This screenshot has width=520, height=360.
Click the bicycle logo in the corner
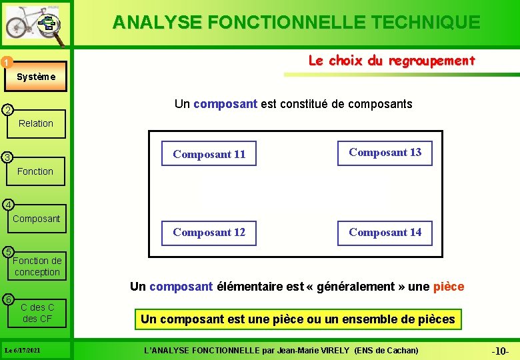click(33, 25)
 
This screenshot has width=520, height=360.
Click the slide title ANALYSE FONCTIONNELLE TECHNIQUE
click(296, 23)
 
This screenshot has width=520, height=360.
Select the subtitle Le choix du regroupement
click(391, 61)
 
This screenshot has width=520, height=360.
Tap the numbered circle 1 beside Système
click(5, 63)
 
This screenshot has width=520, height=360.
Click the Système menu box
click(37, 77)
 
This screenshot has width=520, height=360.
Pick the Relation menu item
click(36, 123)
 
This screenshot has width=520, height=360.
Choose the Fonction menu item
click(35, 171)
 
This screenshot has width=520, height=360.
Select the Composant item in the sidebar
click(36, 219)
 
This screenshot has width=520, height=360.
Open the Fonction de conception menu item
click(37, 266)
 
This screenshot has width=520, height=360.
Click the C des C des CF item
click(37, 313)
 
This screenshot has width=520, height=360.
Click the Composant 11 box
click(209, 154)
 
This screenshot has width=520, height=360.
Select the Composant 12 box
click(209, 232)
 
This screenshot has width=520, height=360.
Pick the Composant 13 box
click(385, 152)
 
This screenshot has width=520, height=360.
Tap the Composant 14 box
click(385, 232)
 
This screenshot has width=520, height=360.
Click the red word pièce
click(448, 287)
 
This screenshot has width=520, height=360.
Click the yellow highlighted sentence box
click(297, 319)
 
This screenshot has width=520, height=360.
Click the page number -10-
click(500, 351)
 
